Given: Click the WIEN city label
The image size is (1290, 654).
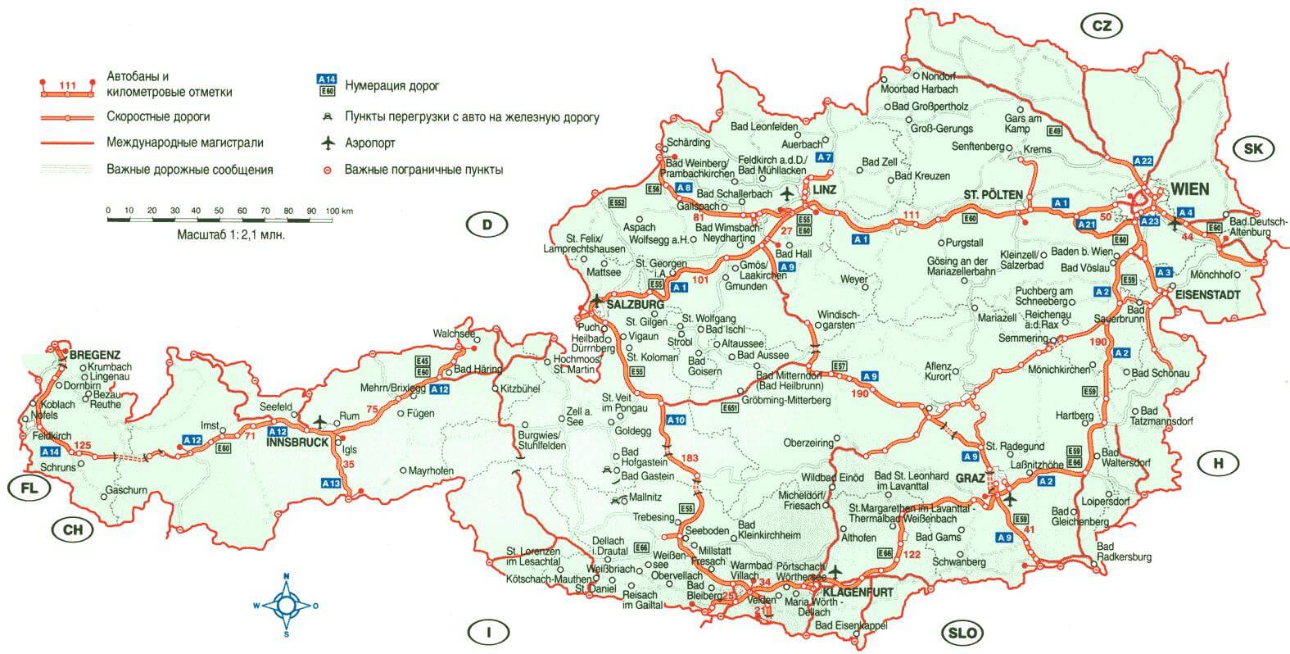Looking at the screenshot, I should (x=1190, y=189).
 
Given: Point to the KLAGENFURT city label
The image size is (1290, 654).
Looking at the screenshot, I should (x=858, y=592).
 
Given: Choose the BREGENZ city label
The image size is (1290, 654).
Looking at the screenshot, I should (x=95, y=355).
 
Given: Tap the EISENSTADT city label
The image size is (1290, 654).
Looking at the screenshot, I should (x=1206, y=293).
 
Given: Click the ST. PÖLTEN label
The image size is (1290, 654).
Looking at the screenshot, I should (x=993, y=194).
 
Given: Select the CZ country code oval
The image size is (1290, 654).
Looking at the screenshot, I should (x=1102, y=26).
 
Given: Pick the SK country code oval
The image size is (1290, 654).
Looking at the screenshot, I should (x=1254, y=149).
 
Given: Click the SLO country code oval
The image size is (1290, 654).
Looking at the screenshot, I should (x=962, y=633).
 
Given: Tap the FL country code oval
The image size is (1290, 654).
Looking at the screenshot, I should (x=29, y=489).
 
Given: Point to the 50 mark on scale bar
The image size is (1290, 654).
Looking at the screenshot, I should (x=219, y=211).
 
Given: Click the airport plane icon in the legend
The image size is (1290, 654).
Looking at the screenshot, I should (x=328, y=143).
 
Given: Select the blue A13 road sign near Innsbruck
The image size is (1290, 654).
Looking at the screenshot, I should (x=331, y=484).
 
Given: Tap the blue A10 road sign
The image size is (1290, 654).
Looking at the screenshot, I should (x=676, y=420).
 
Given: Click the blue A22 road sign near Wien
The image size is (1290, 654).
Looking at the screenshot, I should (x=1143, y=161).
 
